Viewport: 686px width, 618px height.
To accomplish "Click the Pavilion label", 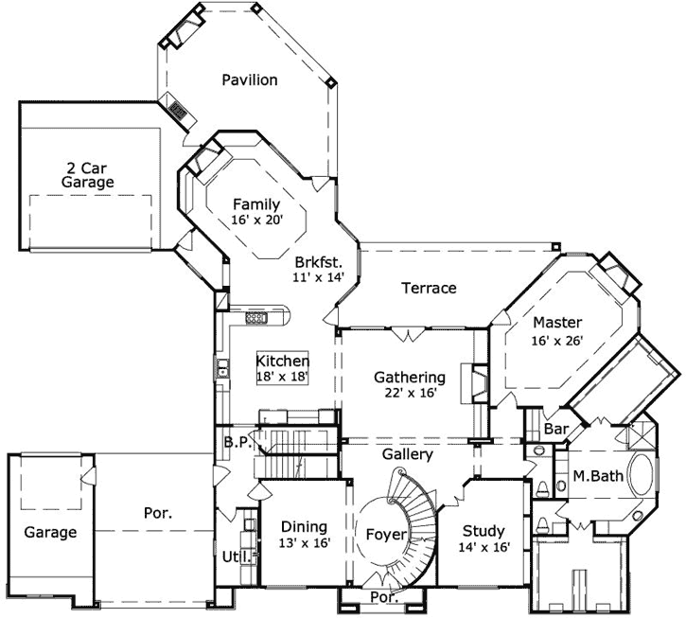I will (250, 79).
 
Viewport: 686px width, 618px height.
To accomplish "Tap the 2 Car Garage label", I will (88, 174).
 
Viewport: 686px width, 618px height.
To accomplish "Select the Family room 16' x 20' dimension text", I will (255, 220).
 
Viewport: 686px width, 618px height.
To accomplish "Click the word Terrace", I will (428, 288).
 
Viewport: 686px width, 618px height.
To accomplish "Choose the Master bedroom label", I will (556, 322).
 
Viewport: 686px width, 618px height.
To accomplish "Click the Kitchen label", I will (283, 361).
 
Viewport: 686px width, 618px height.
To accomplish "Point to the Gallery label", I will (408, 454).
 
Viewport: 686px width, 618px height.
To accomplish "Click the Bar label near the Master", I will (556, 430).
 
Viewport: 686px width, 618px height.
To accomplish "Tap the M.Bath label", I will (597, 476).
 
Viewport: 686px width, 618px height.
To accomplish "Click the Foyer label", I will (386, 535).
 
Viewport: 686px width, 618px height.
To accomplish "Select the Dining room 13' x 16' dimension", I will (303, 544).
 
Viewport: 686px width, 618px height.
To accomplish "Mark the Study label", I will (483, 530).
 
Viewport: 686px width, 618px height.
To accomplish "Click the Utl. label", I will (235, 556).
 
